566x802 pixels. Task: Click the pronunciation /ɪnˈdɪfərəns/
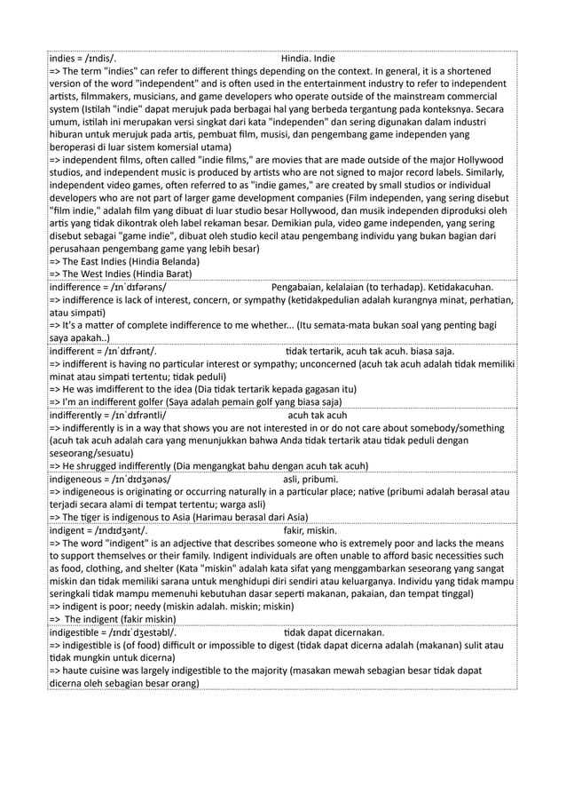pos(135,288)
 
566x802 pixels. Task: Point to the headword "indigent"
pos(70,529)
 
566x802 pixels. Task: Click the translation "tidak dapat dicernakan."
pos(333,631)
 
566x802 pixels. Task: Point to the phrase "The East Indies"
pos(96,262)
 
